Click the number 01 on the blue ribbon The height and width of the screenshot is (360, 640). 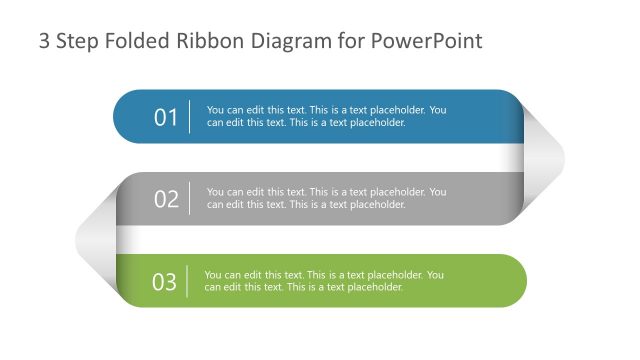[166, 117]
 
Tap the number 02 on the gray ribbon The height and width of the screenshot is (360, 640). [166, 199]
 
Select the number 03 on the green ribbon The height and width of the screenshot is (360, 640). [164, 282]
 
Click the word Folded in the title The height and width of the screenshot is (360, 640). [139, 42]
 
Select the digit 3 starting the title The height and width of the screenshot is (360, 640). [44, 42]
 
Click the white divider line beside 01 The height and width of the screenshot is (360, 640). [190, 117]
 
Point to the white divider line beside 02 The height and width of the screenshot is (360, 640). [190, 199]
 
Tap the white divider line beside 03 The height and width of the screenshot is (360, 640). [188, 282]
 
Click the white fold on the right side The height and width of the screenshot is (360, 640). [544, 156]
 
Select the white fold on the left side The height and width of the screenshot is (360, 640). [95, 238]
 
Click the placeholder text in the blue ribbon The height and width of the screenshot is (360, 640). [326, 117]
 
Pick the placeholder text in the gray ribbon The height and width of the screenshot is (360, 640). [326, 198]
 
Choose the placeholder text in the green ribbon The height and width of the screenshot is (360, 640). [324, 281]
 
